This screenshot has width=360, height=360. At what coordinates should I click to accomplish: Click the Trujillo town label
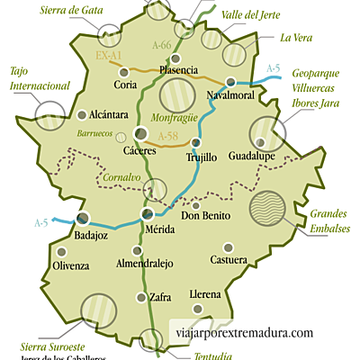[201, 157]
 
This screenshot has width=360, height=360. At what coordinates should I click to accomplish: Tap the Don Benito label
[206, 216]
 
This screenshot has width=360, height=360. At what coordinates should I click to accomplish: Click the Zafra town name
[161, 297]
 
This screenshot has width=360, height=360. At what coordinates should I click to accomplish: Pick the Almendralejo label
[145, 264]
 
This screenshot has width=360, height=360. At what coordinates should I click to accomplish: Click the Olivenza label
[71, 266]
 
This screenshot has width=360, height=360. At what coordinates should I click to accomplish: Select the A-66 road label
[162, 44]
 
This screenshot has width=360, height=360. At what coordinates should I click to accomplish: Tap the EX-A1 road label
[109, 55]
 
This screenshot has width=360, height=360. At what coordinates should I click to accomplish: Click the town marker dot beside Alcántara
[83, 115]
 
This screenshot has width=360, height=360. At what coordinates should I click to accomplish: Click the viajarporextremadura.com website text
[246, 332]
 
